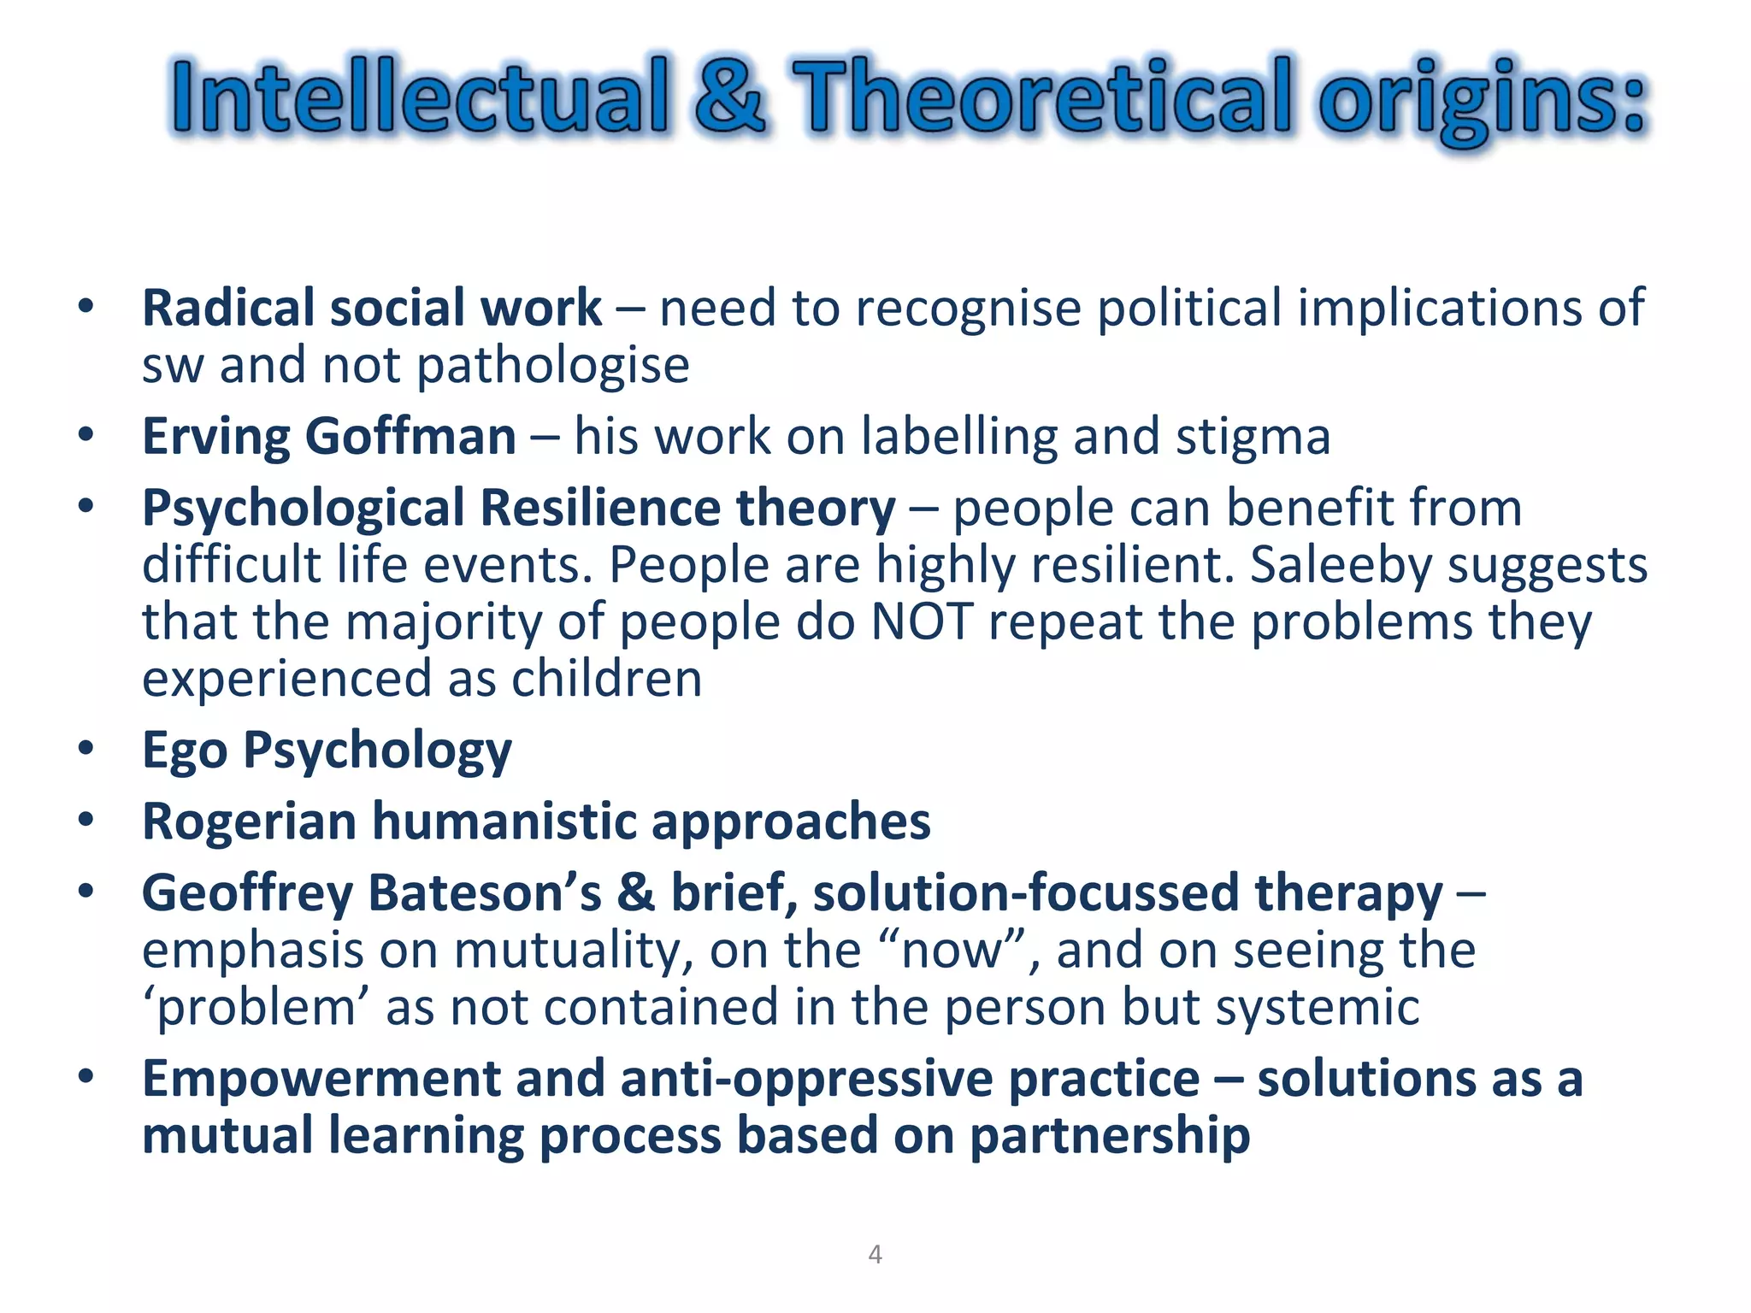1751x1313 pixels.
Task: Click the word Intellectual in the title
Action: click(419, 96)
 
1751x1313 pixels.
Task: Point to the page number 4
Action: click(875, 1254)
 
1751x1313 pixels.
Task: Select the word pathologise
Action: click(553, 367)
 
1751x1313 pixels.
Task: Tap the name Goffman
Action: click(410, 437)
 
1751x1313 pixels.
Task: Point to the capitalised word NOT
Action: click(922, 621)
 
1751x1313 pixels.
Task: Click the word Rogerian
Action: click(249, 823)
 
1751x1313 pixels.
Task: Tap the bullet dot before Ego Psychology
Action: click(85, 749)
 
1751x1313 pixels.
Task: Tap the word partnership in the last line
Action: click(1110, 1137)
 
